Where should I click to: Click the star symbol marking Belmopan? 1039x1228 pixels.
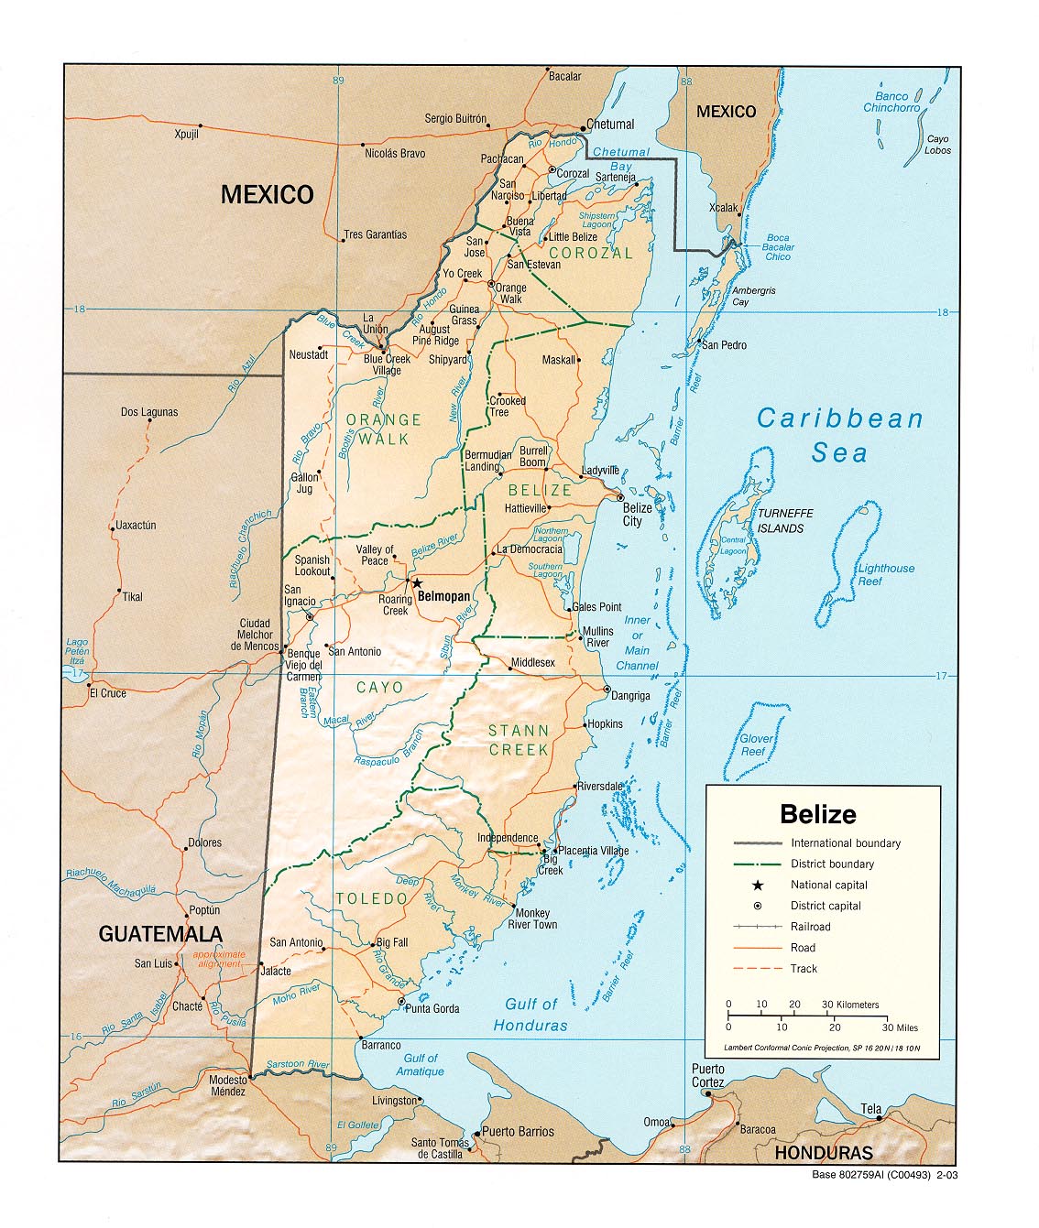pos(416,582)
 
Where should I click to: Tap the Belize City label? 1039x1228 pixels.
pos(637,515)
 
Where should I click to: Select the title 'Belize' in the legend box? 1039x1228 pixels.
pos(817,814)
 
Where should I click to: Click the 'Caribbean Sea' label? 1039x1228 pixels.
pos(839,435)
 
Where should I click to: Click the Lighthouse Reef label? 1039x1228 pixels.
pos(885,574)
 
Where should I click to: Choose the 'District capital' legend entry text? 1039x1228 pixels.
pos(826,906)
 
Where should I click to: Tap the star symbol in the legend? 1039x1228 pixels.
pos(757,885)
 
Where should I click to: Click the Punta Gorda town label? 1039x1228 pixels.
pos(432,1008)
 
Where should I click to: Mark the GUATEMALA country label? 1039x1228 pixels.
pos(160,934)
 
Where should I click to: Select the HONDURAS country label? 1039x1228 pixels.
pos(823,1153)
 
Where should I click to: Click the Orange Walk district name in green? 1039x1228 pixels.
pos(384,429)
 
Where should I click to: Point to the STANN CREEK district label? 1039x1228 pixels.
pos(519,740)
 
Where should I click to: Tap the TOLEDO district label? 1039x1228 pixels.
pos(371,898)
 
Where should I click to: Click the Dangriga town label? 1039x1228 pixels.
pos(630,696)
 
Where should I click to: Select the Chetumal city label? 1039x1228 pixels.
pos(610,125)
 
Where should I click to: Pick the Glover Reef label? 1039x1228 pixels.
pos(756,744)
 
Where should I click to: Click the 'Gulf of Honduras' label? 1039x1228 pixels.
pos(530,1015)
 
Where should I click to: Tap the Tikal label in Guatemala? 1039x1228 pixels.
pos(132,596)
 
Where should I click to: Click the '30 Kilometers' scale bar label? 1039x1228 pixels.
pos(849,1005)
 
